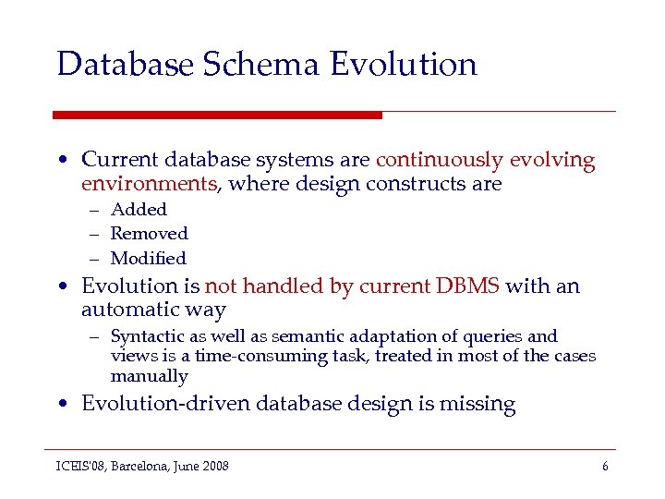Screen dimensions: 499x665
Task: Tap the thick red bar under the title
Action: pyautogui.click(x=217, y=115)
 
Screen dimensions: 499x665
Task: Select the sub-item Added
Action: pyautogui.click(x=139, y=210)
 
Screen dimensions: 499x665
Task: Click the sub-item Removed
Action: pyautogui.click(x=149, y=234)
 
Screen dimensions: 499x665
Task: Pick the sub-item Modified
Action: pyautogui.click(x=148, y=259)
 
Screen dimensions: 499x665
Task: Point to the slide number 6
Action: pyautogui.click(x=605, y=467)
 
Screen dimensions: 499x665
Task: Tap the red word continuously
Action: pyautogui.click(x=439, y=160)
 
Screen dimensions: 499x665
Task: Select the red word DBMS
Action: pyautogui.click(x=467, y=286)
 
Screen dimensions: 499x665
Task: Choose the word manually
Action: pyautogui.click(x=149, y=376)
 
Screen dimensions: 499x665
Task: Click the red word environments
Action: pyautogui.click(x=149, y=184)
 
